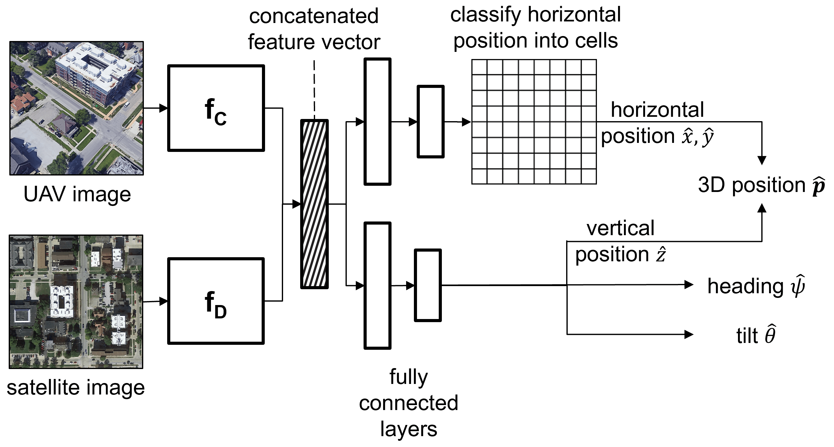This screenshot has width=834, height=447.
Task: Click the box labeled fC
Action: coord(216,108)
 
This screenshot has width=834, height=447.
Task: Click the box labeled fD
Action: coord(216,301)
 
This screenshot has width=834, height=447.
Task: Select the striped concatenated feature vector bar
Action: coord(314,204)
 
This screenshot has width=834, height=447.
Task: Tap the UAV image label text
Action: coord(77,194)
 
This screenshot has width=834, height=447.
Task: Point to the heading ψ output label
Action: coord(756,286)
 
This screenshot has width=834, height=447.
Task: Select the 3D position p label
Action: coord(761,185)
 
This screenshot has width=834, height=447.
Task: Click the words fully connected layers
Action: coord(409,403)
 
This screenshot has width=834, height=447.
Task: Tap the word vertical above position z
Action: coord(620,228)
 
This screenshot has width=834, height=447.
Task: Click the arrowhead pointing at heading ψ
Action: coord(689,285)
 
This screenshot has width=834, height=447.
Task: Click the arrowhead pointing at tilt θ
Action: coord(689,334)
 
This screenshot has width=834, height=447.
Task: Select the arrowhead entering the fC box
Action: coord(163,108)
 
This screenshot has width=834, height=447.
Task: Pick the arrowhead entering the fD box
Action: coord(163,301)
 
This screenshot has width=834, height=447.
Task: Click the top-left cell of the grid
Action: coord(479,67)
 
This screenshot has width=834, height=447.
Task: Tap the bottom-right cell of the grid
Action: coord(589,176)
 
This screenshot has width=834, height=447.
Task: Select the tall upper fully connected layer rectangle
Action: coord(378,122)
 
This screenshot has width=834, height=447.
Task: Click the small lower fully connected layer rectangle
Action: coord(428,285)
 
